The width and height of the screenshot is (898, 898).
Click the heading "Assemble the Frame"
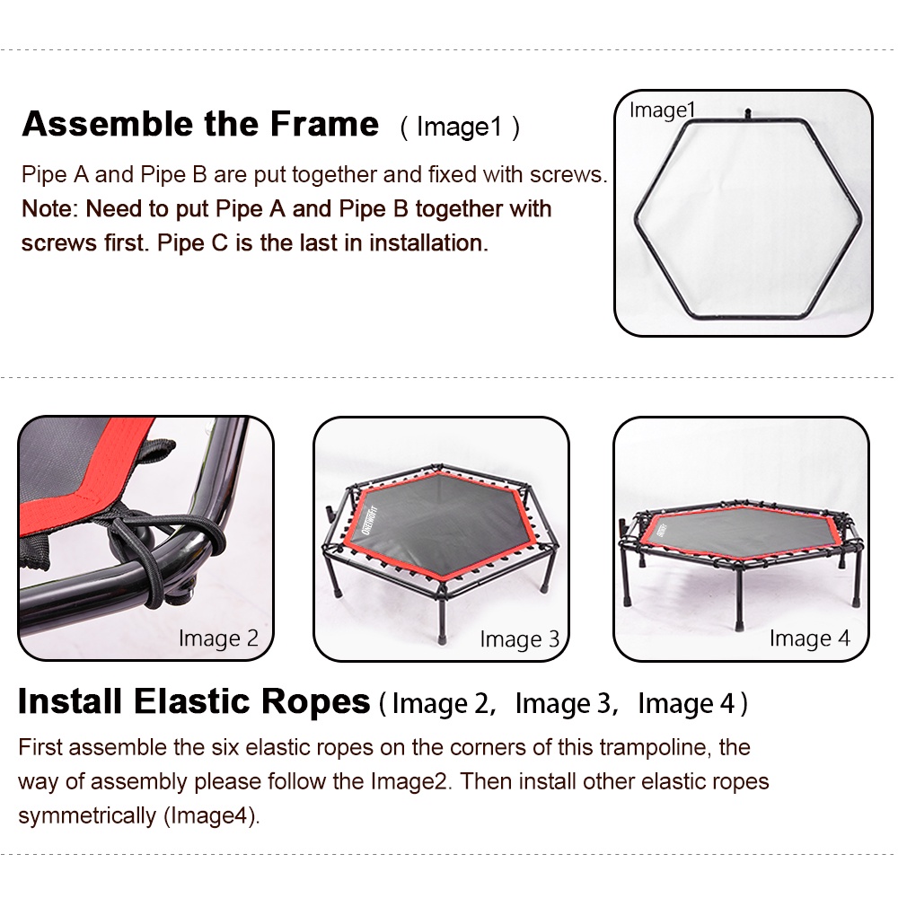(x=199, y=124)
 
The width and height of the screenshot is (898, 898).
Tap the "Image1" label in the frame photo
(x=663, y=110)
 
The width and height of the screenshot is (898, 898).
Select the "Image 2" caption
(x=218, y=638)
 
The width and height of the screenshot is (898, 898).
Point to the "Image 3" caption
(x=519, y=639)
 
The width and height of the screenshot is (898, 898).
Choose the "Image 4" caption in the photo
(x=809, y=638)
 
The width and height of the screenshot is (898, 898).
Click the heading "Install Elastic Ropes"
(x=194, y=702)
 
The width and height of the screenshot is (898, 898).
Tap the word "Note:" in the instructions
(x=50, y=209)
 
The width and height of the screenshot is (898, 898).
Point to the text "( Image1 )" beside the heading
(x=459, y=127)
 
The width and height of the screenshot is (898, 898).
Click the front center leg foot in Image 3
(x=445, y=640)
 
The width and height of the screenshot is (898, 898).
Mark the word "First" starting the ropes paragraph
(x=40, y=747)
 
